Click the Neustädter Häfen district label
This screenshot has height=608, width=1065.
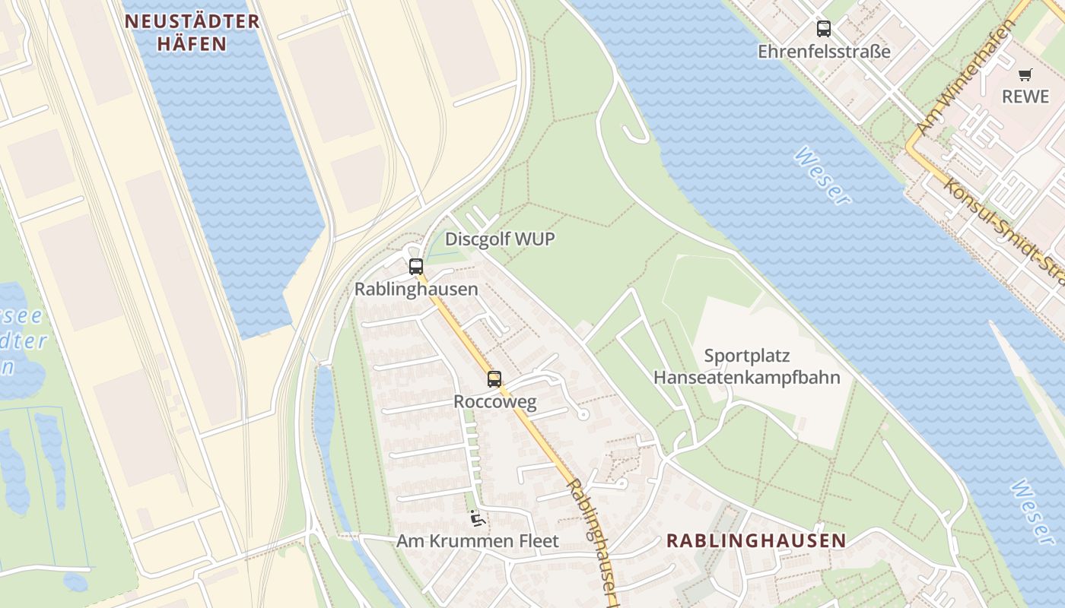click(x=192, y=32)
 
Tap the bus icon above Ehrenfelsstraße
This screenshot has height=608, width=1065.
click(x=823, y=29)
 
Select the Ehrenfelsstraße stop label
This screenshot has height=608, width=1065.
click(x=824, y=52)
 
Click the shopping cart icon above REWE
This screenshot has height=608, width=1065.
click(x=1025, y=74)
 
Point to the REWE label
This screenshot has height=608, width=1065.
click(x=1025, y=97)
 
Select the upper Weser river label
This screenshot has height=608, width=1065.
click(x=822, y=176)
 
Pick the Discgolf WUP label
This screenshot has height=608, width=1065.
click(x=499, y=239)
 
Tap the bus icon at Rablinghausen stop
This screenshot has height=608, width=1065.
click(x=415, y=266)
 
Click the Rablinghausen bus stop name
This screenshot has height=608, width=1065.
click(x=416, y=289)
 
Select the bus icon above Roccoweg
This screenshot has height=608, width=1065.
click(x=494, y=378)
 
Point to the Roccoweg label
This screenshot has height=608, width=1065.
click(x=494, y=401)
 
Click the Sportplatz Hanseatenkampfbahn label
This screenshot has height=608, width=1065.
click(x=746, y=366)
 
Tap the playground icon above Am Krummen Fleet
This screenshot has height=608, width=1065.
click(x=477, y=518)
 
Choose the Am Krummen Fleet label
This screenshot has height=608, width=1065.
click(x=477, y=541)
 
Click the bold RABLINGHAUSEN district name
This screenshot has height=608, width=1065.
click(x=755, y=540)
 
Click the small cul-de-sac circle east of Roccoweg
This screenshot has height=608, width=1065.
click(x=583, y=414)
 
